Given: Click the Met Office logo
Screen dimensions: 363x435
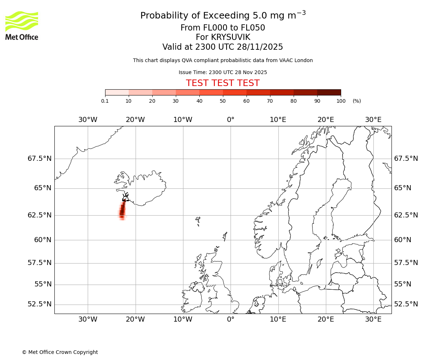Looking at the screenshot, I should (22, 25).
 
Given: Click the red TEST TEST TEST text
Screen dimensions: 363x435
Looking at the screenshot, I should (223, 83).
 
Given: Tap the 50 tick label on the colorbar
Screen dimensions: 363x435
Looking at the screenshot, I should (223, 101).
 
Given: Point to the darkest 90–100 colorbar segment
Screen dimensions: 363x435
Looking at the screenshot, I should (329, 92).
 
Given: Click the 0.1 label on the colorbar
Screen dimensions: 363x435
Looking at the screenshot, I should (105, 101).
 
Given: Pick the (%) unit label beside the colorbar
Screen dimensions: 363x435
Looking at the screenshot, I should (357, 101).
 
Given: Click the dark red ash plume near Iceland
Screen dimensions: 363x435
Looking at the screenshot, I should (122, 211).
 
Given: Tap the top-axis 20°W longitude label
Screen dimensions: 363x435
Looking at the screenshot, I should (135, 120).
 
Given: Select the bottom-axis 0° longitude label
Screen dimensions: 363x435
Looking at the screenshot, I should (231, 319).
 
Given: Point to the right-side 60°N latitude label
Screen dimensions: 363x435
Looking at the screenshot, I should (402, 240).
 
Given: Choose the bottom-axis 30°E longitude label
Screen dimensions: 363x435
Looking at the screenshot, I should (373, 319).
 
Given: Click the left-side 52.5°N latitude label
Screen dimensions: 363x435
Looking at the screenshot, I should (40, 304).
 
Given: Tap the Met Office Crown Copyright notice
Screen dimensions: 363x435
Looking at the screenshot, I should (60, 352).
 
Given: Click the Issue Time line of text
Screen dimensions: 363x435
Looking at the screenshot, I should (223, 72).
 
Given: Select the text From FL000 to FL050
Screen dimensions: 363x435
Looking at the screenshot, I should (223, 28).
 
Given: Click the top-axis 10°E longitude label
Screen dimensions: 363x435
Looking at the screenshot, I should (278, 120).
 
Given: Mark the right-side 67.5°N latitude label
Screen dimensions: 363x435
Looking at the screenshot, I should (406, 159).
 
